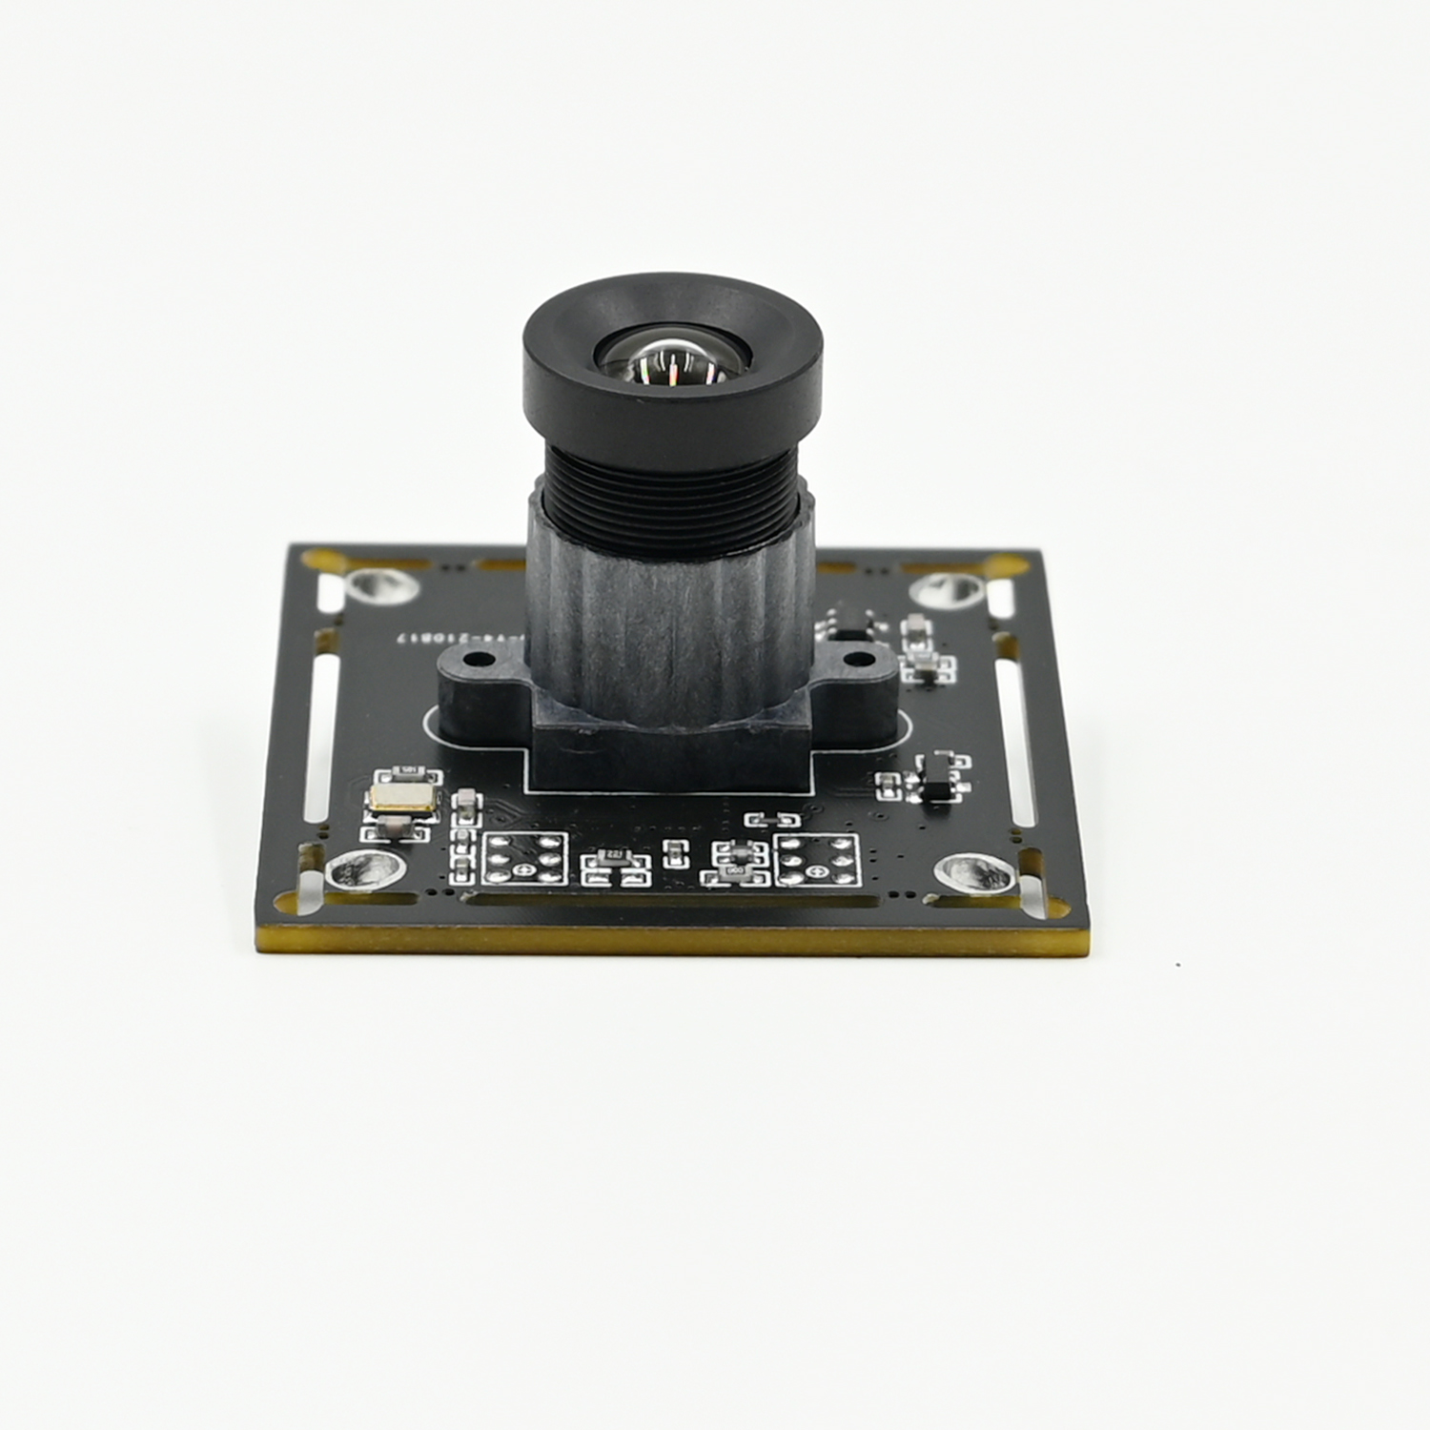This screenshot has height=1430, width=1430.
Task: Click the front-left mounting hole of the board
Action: click(356, 868)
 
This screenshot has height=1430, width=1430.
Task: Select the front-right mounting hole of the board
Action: click(970, 869)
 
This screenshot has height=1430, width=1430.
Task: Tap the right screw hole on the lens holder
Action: click(858, 659)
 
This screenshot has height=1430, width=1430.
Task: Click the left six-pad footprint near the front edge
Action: click(524, 858)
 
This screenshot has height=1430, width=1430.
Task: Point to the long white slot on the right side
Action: click(1015, 744)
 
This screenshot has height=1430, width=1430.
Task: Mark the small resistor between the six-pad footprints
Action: click(674, 853)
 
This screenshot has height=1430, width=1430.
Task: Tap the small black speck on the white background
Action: click(1179, 965)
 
